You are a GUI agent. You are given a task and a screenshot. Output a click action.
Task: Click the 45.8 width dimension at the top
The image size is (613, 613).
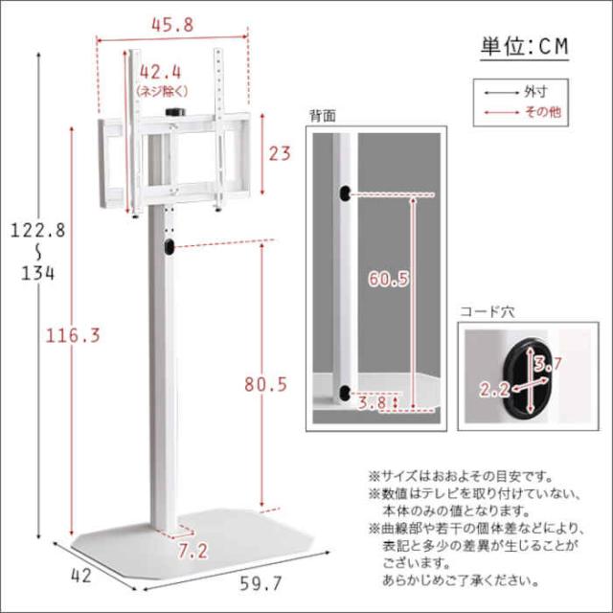tap(172, 26)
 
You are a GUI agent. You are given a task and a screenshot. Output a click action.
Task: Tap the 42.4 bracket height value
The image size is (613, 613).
tap(161, 73)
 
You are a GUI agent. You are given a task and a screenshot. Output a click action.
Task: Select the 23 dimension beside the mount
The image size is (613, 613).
tap(280, 153)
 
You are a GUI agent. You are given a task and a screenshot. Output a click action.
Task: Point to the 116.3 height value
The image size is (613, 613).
tap(73, 336)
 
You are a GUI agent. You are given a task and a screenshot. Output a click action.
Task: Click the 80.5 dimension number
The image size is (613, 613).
tap(266, 385)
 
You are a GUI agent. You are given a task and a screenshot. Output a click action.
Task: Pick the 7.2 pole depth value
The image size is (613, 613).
tap(193, 552)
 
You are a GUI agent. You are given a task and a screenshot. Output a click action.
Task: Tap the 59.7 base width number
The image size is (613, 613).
tap(261, 583)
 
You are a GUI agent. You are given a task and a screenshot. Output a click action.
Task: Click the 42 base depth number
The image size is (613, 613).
tap(81, 576)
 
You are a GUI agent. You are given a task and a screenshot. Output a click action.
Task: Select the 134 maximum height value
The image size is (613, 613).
tap(38, 273)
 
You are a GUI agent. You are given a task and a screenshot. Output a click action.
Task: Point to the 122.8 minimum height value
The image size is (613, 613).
tap(37, 231)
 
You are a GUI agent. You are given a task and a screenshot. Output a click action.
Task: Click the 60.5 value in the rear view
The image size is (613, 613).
tap(389, 279)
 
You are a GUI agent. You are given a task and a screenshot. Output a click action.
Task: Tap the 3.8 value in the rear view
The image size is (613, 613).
tap(373, 402)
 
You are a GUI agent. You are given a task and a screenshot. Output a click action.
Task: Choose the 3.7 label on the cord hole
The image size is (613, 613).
tap(547, 364)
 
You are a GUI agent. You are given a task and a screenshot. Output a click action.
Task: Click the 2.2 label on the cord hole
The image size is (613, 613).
tap(494, 390)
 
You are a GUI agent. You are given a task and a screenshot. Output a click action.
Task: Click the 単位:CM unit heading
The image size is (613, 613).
tap(524, 47)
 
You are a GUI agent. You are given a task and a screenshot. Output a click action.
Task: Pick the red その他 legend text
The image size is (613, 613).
tap(543, 113)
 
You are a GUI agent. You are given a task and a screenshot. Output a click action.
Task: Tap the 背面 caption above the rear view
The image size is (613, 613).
tap(323, 116)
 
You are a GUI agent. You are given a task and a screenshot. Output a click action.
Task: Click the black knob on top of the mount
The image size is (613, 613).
tap(174, 112)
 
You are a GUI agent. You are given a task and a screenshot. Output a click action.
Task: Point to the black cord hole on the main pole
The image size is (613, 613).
tap(169, 247)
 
